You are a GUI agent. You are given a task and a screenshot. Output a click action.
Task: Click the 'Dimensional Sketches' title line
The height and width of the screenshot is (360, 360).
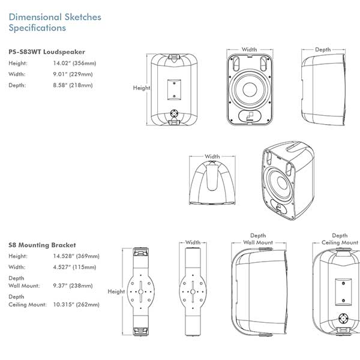(x=55, y=17)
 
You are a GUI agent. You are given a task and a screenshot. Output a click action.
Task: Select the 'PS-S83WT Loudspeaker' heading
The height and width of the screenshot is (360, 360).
(x=47, y=52)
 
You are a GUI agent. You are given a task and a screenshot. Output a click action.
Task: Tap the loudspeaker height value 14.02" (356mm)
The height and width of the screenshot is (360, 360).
(x=74, y=63)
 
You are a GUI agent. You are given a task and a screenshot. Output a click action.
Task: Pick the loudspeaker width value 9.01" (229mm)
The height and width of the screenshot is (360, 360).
(x=73, y=74)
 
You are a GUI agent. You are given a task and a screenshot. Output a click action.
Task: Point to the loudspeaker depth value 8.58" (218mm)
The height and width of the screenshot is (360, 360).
(x=73, y=85)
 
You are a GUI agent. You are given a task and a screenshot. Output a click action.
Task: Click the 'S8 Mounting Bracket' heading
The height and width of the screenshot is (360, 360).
(x=42, y=245)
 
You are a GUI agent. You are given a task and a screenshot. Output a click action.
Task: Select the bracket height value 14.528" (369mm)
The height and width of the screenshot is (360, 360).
(x=76, y=256)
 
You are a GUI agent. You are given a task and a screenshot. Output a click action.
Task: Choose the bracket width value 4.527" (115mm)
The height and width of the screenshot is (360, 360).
(x=74, y=267)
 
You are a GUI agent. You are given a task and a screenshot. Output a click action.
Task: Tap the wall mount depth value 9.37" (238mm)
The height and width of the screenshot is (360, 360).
(x=73, y=286)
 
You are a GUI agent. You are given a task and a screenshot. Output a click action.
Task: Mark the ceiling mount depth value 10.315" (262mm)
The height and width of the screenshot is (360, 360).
(x=76, y=304)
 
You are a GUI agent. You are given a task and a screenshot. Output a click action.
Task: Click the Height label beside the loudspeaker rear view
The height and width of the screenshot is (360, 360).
(x=142, y=88)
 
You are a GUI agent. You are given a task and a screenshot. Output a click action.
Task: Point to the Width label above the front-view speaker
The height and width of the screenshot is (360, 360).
(x=250, y=49)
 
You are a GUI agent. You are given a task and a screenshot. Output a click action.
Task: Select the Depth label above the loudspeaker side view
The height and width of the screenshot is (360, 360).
(x=323, y=50)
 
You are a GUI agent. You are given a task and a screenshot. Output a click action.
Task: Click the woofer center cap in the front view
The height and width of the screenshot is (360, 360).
(x=250, y=89)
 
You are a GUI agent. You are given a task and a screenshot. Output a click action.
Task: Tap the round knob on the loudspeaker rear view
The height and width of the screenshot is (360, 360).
(x=174, y=113)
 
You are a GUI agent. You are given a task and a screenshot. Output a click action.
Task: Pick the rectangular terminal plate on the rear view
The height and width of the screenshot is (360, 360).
(x=174, y=90)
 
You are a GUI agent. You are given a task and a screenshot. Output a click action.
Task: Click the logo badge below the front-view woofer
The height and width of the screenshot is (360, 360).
(x=250, y=116)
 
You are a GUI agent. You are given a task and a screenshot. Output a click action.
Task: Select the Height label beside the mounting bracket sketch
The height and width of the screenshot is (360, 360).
(x=116, y=292)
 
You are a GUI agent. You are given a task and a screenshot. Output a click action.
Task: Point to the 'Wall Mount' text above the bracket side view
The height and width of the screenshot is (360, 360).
(x=258, y=242)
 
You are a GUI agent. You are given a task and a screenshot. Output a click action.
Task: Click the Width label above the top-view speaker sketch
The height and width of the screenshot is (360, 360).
(x=212, y=157)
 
